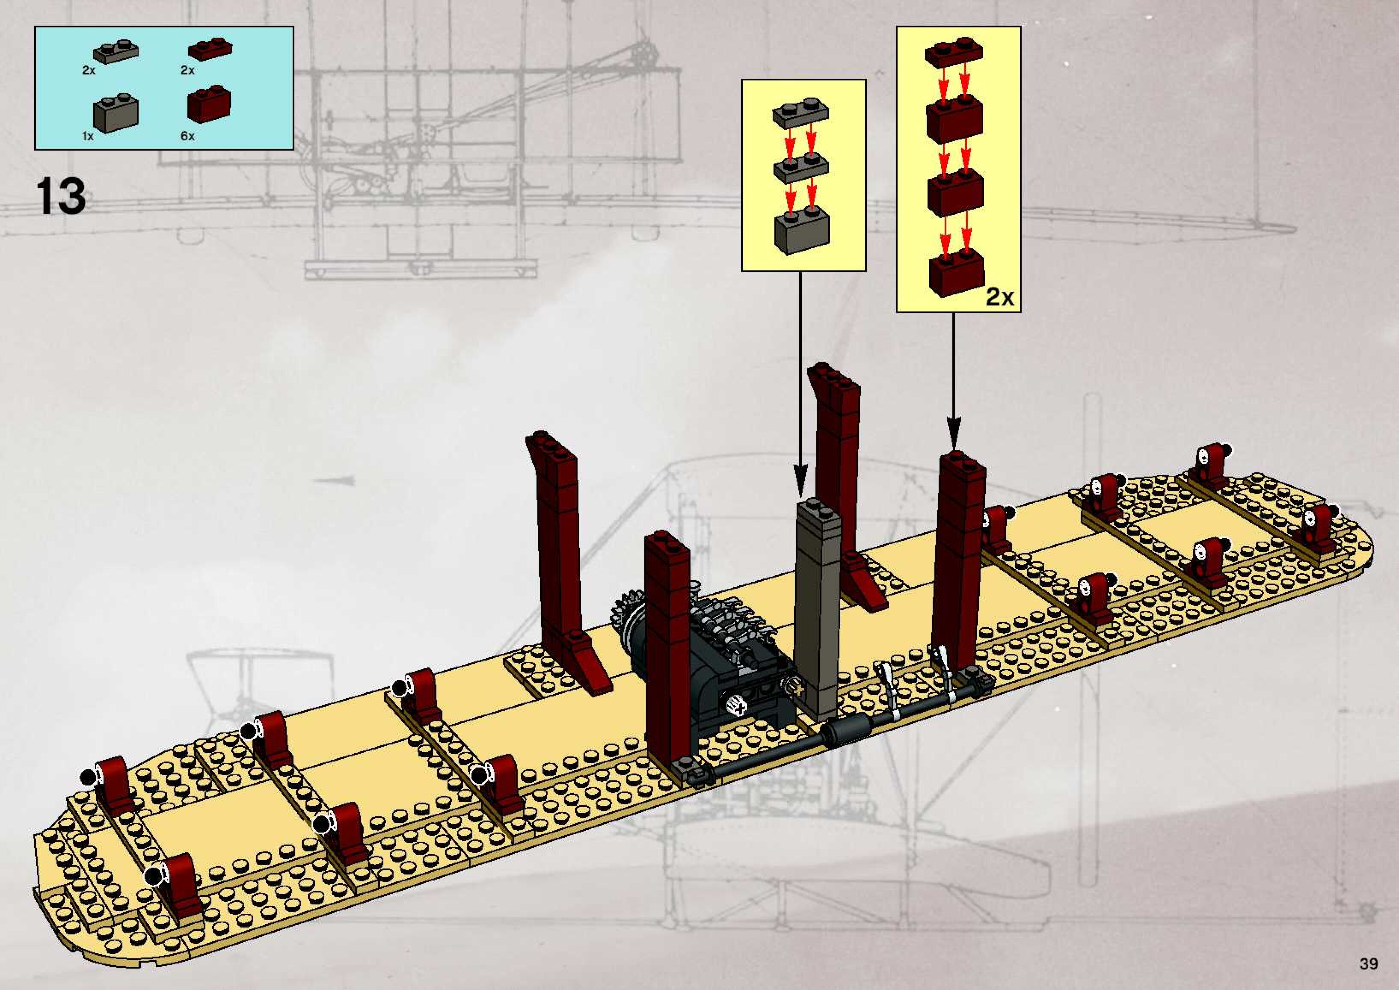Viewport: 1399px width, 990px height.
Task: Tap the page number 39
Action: point(1368,964)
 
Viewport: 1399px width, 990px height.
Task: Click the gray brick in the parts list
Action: point(116,113)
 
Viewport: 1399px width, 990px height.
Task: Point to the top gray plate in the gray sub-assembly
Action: point(801,113)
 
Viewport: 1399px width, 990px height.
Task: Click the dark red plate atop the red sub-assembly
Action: point(954,53)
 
